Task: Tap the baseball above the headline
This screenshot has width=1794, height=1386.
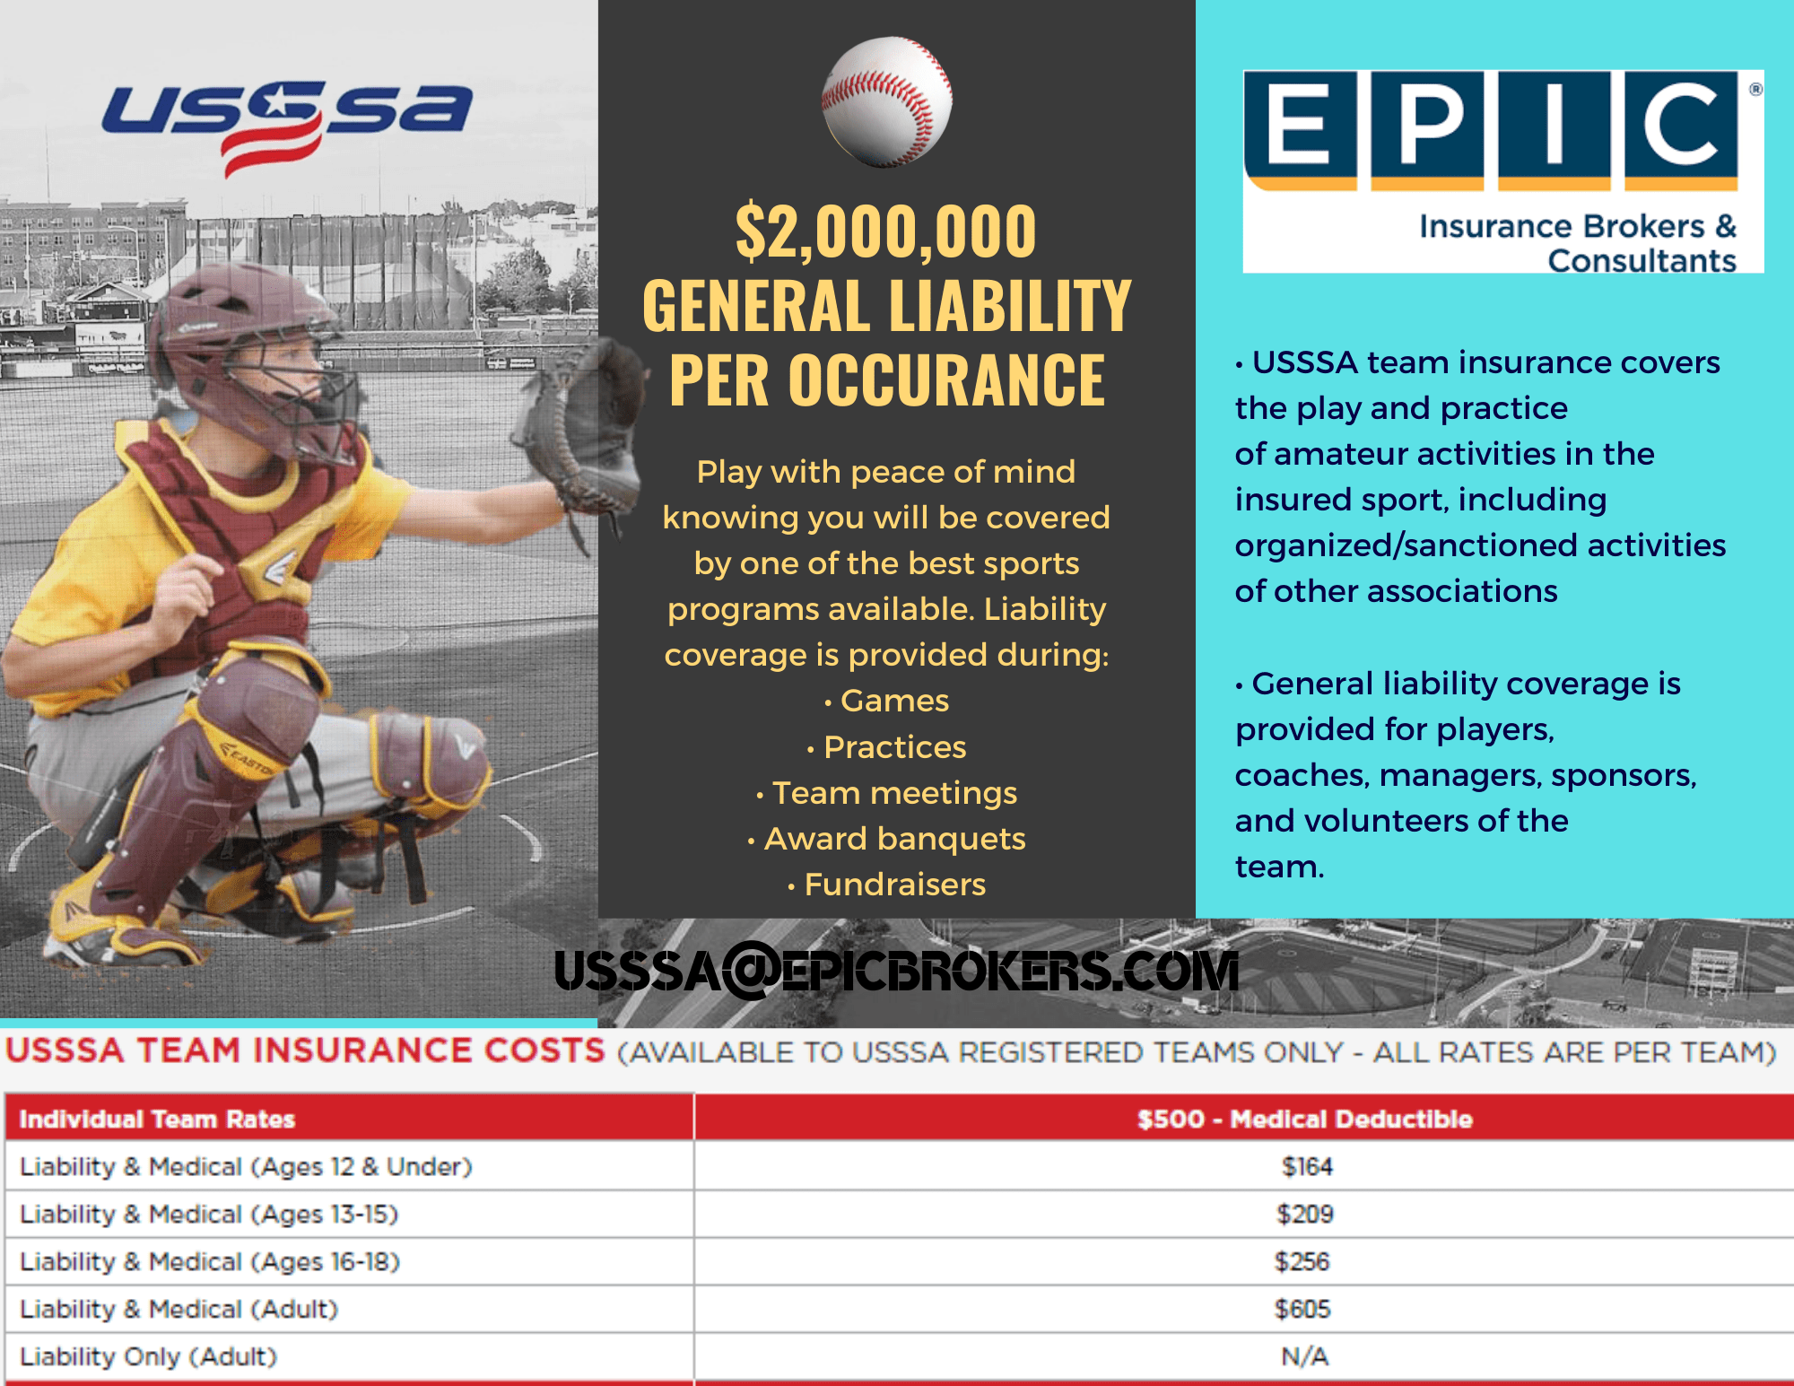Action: (886, 101)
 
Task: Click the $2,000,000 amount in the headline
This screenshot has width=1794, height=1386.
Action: (885, 231)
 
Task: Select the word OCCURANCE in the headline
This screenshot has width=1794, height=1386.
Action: (946, 380)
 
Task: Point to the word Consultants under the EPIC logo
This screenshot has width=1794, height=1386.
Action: (1642, 261)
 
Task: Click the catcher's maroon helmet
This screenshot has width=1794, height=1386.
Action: (242, 332)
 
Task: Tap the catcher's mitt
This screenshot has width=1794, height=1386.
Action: (583, 422)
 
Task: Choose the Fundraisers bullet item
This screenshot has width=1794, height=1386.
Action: (894, 885)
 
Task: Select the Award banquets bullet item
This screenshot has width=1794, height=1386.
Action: (894, 839)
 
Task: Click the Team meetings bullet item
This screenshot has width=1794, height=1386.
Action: (894, 793)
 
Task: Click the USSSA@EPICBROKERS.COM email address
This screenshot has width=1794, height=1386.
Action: (896, 972)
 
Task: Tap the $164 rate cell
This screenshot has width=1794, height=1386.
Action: (1306, 1166)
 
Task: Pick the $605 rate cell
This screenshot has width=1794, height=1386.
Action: (1302, 1309)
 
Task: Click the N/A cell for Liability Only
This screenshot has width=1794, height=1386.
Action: (1304, 1356)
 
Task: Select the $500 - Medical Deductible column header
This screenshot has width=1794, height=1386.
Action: (1304, 1119)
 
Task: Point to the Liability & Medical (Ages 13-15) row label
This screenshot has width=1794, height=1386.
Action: (209, 1214)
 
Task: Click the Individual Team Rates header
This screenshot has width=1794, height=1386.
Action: (157, 1119)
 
